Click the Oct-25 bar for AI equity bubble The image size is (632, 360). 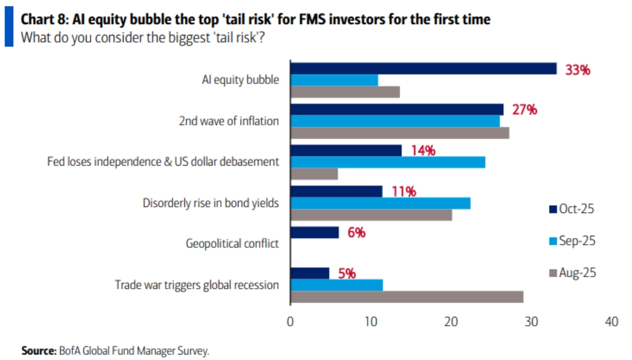(423, 68)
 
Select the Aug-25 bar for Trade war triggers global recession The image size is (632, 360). (407, 297)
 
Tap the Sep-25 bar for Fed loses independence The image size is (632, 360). (388, 162)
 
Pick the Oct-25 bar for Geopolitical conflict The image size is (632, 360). (315, 232)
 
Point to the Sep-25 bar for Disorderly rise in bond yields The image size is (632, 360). (380, 203)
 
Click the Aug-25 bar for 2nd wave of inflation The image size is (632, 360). (400, 133)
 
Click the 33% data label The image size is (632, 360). (577, 71)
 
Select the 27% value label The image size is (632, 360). (524, 109)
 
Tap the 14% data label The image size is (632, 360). (423, 150)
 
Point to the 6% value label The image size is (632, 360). (356, 232)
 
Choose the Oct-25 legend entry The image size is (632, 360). (572, 209)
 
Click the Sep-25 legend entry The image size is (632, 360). (572, 241)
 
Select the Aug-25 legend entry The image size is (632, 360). (572, 273)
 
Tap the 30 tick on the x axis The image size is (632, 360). (532, 322)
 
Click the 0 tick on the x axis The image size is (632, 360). (290, 322)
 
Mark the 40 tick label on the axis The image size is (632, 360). (612, 322)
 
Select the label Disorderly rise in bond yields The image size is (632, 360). (211, 203)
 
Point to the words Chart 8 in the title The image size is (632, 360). (43, 20)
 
